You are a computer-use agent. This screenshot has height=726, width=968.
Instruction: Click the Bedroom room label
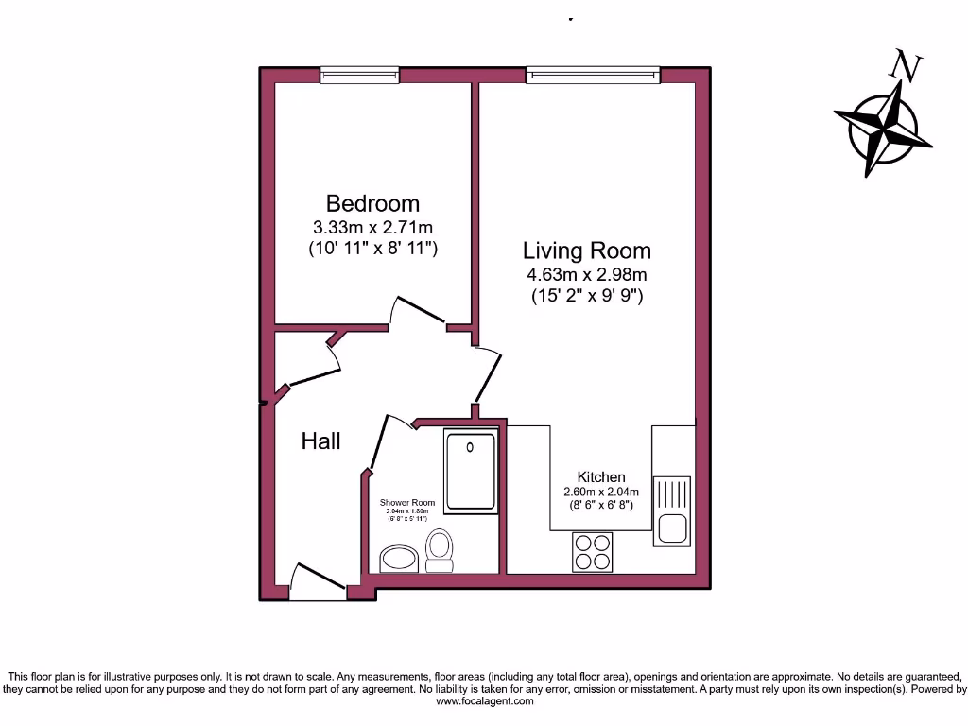[x=372, y=203]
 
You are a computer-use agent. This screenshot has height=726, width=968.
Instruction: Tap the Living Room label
[x=587, y=251]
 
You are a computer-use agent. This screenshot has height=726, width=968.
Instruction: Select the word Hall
[x=320, y=441]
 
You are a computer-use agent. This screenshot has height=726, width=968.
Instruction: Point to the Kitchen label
[x=601, y=477]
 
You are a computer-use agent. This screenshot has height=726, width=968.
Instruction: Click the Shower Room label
[x=407, y=503]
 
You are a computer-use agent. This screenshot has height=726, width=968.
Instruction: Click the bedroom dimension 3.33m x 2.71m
[x=372, y=228]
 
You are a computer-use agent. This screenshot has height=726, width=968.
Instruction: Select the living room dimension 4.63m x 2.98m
[x=587, y=275]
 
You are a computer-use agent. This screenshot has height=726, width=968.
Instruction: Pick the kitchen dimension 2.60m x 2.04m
[x=601, y=492]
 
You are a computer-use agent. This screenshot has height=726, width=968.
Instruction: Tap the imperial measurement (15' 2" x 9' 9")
[x=587, y=296]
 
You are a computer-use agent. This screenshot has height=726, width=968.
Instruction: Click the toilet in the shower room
[x=439, y=550]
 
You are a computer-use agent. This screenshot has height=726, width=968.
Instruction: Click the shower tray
[x=470, y=470]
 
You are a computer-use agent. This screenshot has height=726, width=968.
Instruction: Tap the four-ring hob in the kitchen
[x=593, y=551]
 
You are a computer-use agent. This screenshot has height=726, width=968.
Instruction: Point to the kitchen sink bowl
[x=673, y=529]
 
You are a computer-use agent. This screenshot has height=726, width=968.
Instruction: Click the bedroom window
[x=358, y=74]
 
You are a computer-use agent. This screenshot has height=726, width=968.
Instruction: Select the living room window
[x=593, y=74]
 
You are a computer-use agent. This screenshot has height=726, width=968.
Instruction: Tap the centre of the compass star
[x=883, y=130]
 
